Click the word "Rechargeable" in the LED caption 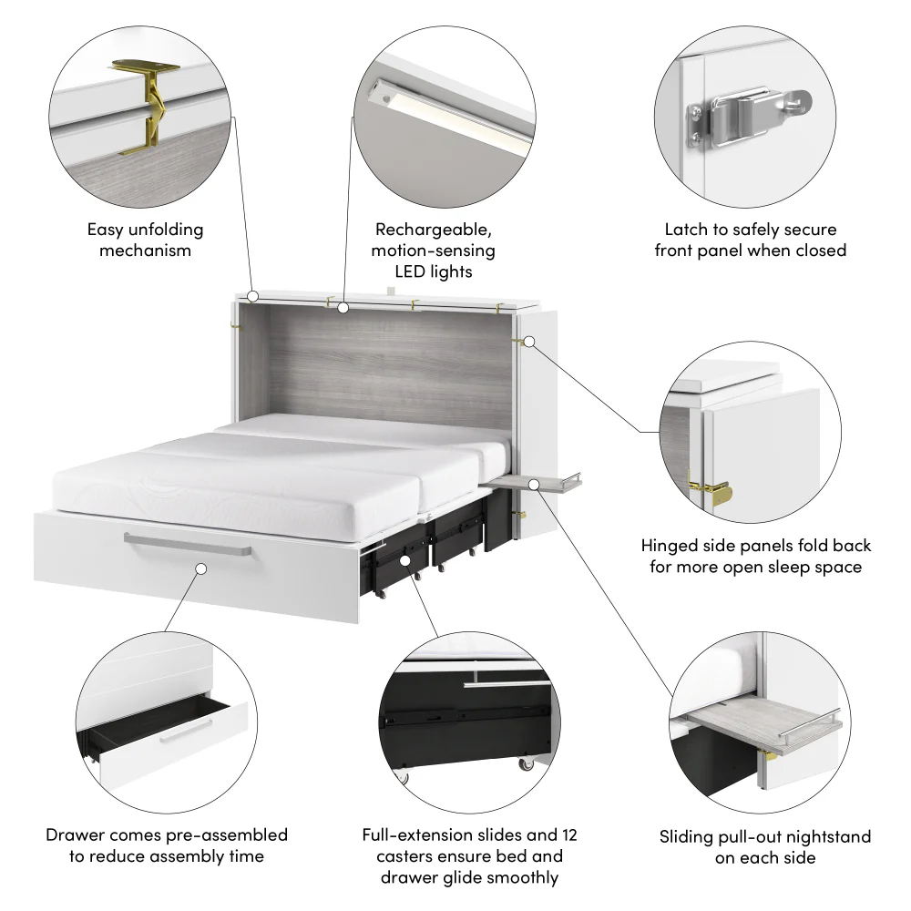coord(433,230)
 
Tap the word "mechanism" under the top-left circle coord(146,251)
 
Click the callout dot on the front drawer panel coord(200,568)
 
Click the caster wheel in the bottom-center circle coord(527,766)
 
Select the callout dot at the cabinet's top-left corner coord(253,297)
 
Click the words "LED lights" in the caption coord(433,271)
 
